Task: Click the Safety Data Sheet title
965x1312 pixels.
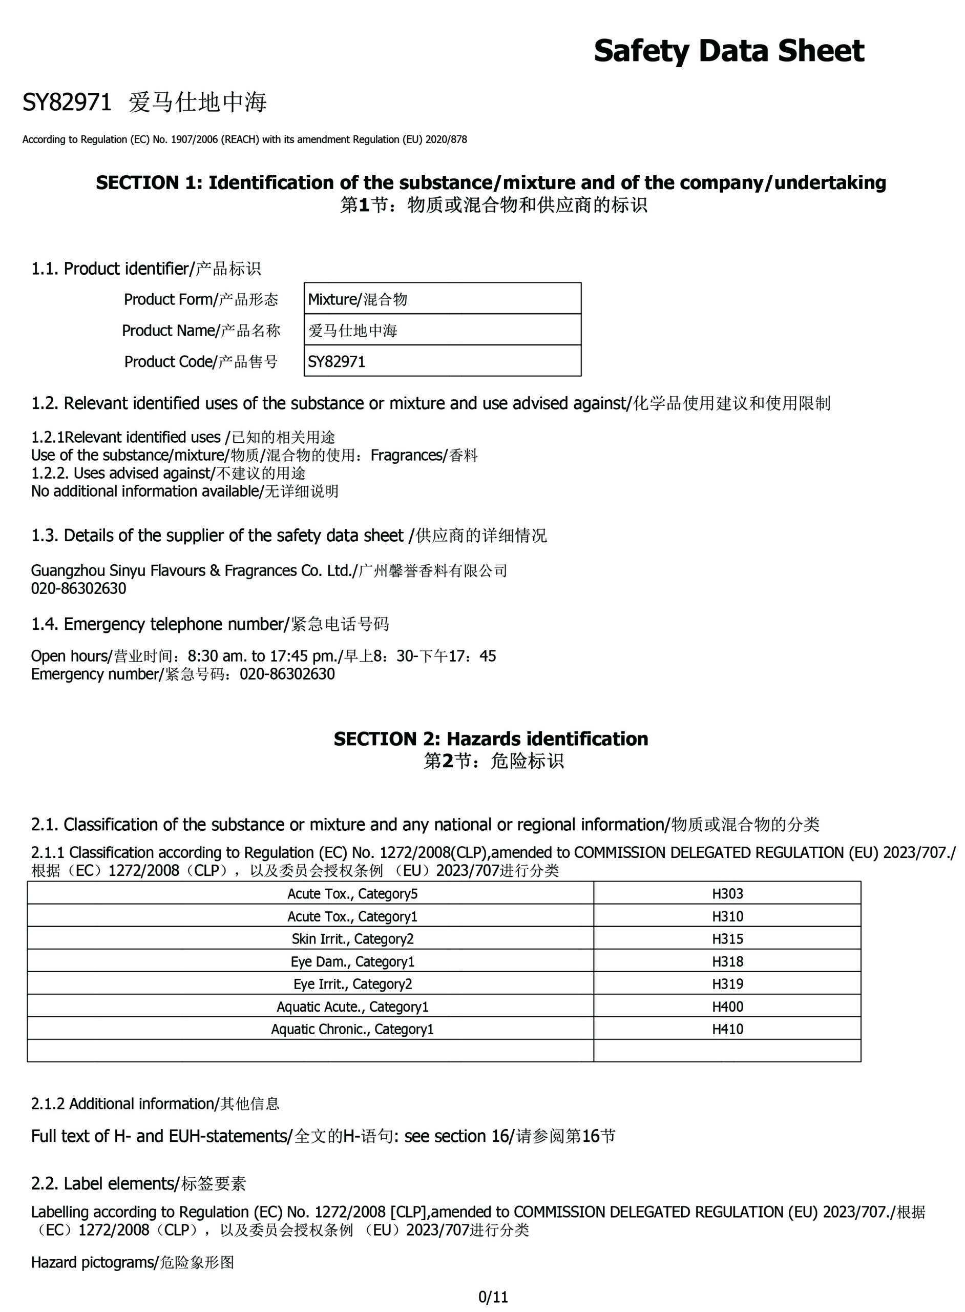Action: tap(728, 51)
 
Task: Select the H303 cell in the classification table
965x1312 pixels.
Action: tap(727, 894)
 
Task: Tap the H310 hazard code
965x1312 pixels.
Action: tap(727, 916)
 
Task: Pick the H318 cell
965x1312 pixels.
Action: tap(727, 961)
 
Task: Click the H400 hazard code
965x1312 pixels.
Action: tap(727, 1007)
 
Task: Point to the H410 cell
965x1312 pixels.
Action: tap(727, 1029)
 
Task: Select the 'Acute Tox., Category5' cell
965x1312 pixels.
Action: tap(352, 894)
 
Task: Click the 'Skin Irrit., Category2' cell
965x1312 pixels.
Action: tap(352, 938)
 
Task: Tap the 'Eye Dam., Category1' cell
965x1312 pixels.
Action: tap(352, 961)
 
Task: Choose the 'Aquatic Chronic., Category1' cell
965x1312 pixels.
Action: tap(352, 1029)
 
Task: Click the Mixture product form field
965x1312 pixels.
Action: tap(442, 299)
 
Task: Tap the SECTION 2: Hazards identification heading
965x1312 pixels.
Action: tap(491, 739)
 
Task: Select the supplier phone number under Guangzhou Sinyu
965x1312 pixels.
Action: tap(78, 588)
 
